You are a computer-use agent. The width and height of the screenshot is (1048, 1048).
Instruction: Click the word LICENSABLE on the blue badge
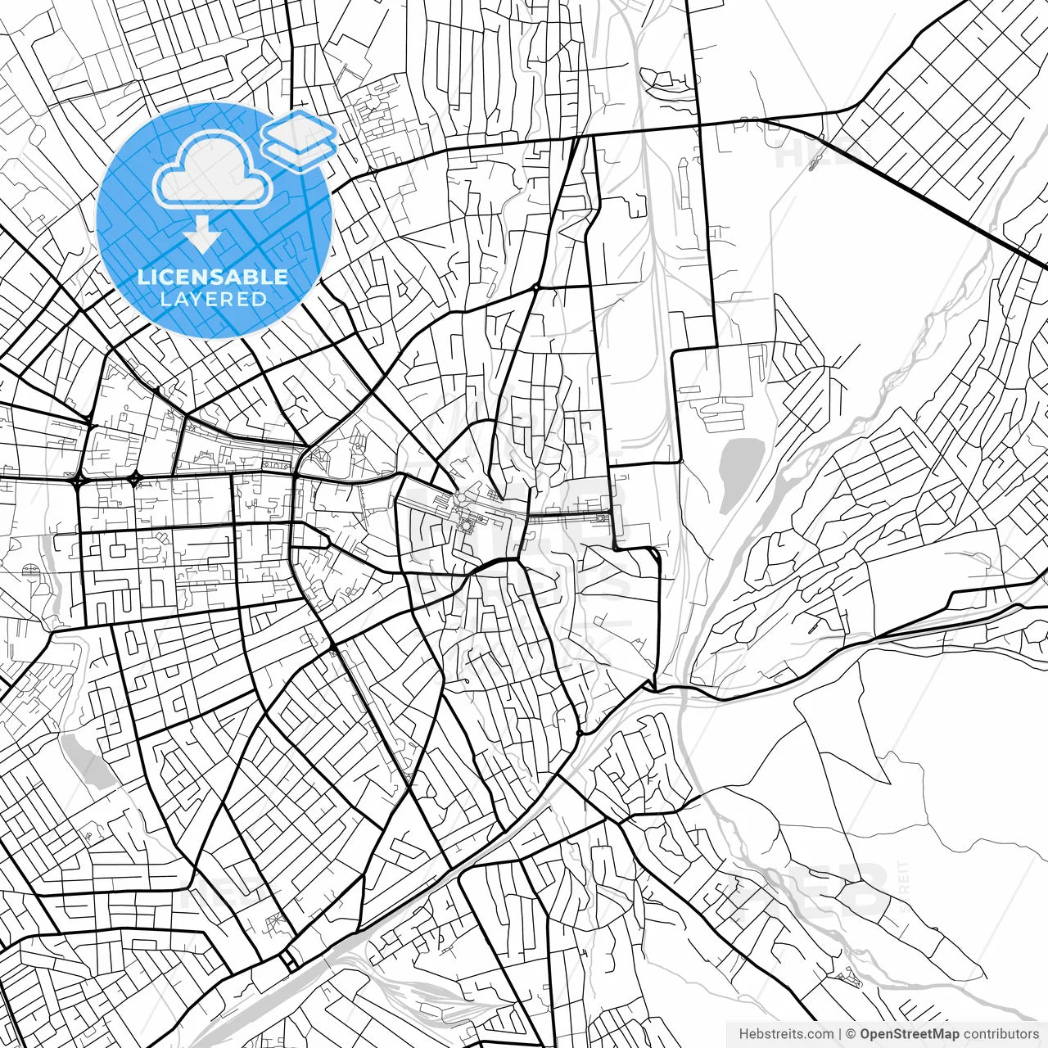click(x=213, y=277)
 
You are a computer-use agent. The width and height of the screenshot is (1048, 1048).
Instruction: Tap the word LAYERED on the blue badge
click(x=213, y=299)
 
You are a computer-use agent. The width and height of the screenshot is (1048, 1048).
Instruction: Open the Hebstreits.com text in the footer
click(x=786, y=1034)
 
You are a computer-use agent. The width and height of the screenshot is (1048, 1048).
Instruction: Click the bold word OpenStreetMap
click(x=909, y=1034)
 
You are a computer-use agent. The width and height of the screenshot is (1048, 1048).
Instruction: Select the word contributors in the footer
click(x=1001, y=1034)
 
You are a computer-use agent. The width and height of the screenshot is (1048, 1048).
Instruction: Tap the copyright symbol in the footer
click(x=851, y=1034)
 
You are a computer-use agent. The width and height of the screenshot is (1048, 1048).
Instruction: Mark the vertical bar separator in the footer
click(x=841, y=1034)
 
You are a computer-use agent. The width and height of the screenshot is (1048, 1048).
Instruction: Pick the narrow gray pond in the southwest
click(x=90, y=761)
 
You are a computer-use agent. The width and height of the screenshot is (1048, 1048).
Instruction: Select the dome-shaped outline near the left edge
click(x=33, y=570)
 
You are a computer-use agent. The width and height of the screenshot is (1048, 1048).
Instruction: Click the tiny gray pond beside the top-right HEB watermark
click(x=812, y=165)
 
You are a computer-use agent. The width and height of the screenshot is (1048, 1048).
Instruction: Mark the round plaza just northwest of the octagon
click(x=461, y=497)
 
